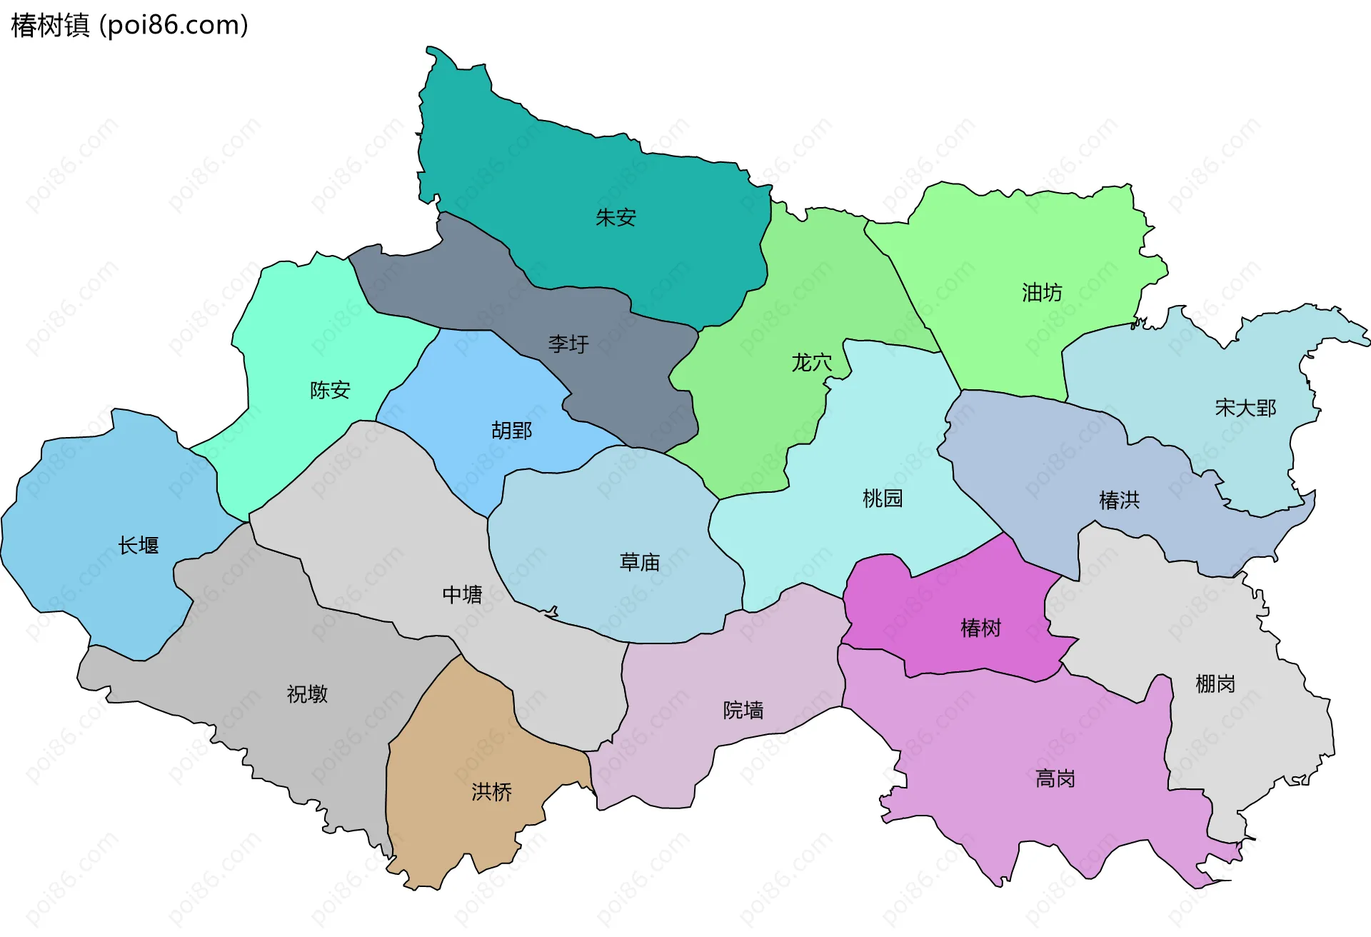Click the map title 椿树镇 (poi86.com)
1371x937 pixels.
tap(129, 25)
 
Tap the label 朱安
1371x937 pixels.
tap(616, 217)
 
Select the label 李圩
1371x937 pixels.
tap(568, 344)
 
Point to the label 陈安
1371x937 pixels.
tap(330, 390)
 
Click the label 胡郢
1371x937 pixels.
tap(511, 431)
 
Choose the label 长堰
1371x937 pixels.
tap(139, 546)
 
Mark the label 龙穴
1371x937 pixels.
tap(812, 363)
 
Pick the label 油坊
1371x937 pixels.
tap(1042, 293)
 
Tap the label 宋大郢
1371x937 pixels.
tap(1245, 408)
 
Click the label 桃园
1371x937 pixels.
tap(883, 498)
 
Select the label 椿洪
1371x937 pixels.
tap(1119, 500)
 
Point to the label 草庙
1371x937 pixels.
tap(639, 563)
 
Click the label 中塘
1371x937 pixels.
tap(462, 595)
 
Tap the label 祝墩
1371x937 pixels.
tap(307, 694)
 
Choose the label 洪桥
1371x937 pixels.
tap(491, 792)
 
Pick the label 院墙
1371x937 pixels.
tap(743, 710)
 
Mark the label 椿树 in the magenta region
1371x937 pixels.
tap(980, 628)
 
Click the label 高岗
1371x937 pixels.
tap(1055, 778)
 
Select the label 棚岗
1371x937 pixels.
tap(1215, 684)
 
